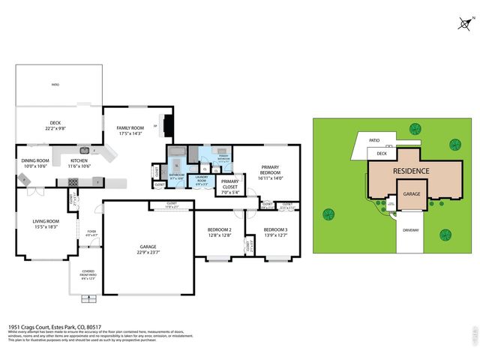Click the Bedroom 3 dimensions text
click(x=275, y=235)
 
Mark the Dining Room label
click(x=35, y=160)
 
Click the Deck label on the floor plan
click(x=54, y=123)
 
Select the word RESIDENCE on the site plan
click(x=412, y=171)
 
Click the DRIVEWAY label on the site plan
click(x=410, y=230)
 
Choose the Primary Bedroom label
click(x=270, y=169)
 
